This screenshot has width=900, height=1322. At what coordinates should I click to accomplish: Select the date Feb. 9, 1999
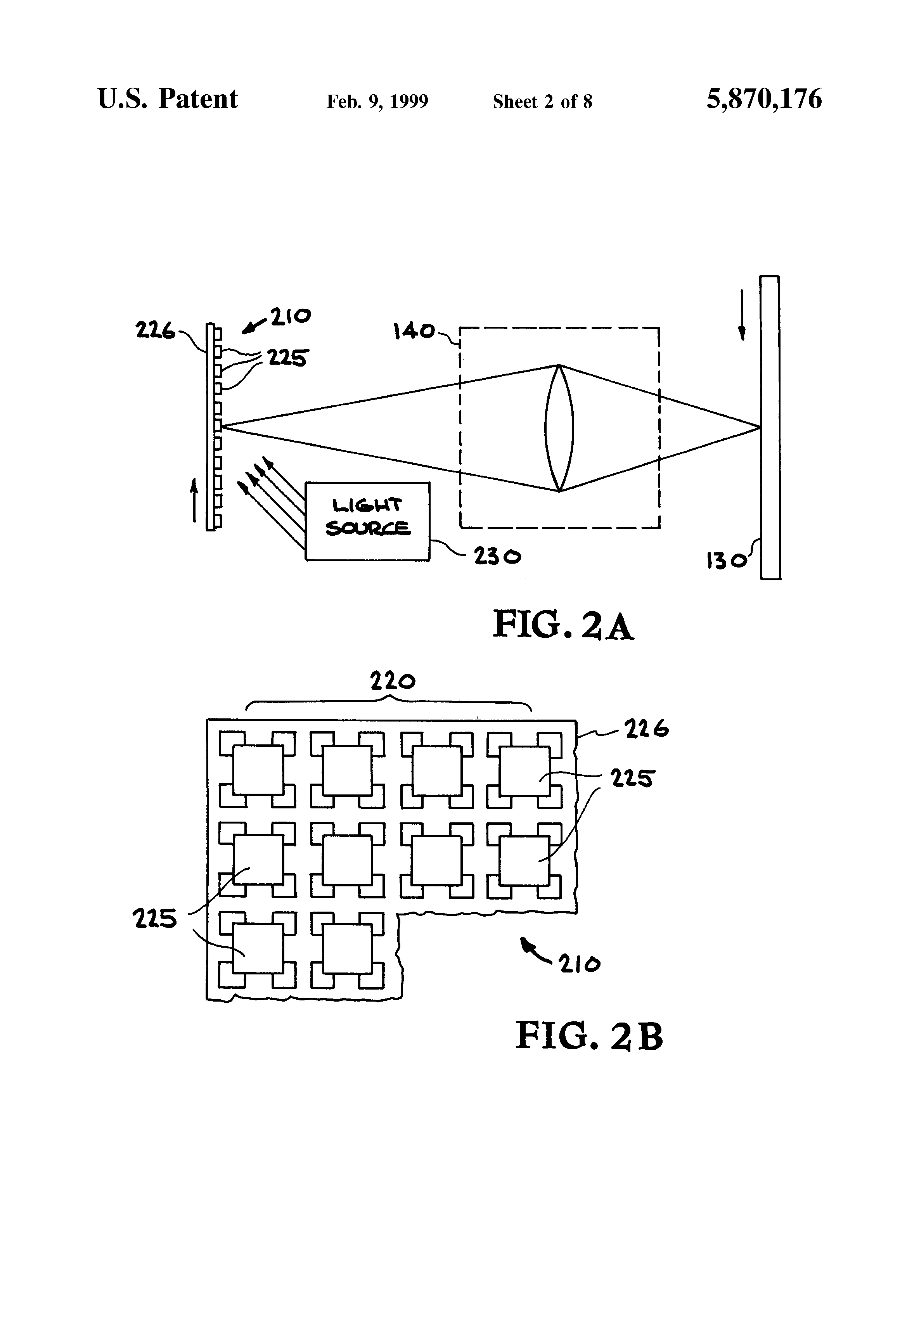click(377, 101)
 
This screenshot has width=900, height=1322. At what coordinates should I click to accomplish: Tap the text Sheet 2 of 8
click(543, 101)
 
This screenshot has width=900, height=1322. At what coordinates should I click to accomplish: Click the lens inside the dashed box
click(559, 428)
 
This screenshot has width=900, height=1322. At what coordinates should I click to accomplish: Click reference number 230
click(498, 556)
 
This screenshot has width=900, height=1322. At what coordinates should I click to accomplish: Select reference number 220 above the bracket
click(393, 680)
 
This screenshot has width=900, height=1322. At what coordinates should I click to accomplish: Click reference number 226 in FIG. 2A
click(155, 330)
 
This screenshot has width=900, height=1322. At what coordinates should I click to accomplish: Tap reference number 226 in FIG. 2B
click(647, 729)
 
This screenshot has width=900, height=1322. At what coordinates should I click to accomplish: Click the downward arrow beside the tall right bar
click(742, 315)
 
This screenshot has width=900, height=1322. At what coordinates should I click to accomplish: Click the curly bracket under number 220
click(389, 705)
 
